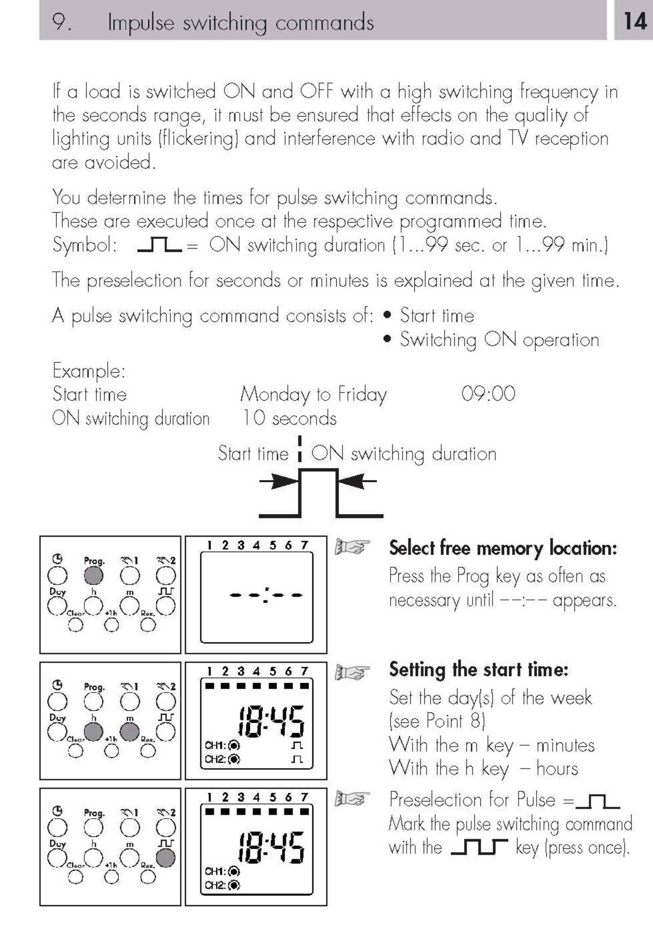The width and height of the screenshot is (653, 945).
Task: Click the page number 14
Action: tap(635, 21)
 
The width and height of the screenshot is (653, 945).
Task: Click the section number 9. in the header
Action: tap(62, 22)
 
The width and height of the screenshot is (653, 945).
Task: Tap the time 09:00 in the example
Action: tap(488, 393)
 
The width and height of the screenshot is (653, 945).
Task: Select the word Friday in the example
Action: tap(362, 395)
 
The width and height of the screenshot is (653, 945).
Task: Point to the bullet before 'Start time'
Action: tap(387, 315)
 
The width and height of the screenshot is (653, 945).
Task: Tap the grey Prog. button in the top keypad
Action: tap(94, 576)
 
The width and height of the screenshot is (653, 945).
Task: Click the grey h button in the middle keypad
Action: tap(94, 732)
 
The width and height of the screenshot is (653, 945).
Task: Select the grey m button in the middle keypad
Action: tap(130, 732)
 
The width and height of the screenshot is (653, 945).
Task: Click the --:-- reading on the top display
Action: tap(266, 595)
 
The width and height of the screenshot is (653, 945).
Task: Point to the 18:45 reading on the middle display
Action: tap(271, 722)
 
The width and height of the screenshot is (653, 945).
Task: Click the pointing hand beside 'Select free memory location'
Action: tap(352, 546)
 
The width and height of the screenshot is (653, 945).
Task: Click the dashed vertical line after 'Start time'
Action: tap(300, 449)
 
